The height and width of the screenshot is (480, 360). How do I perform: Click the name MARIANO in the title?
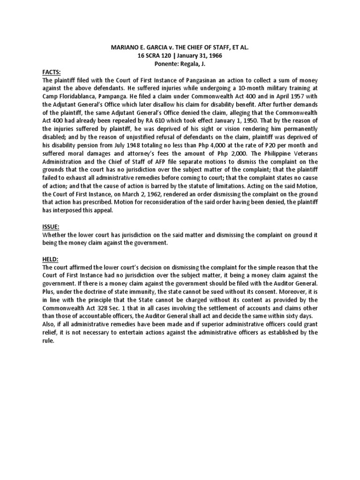pyautogui.click(x=126, y=48)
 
